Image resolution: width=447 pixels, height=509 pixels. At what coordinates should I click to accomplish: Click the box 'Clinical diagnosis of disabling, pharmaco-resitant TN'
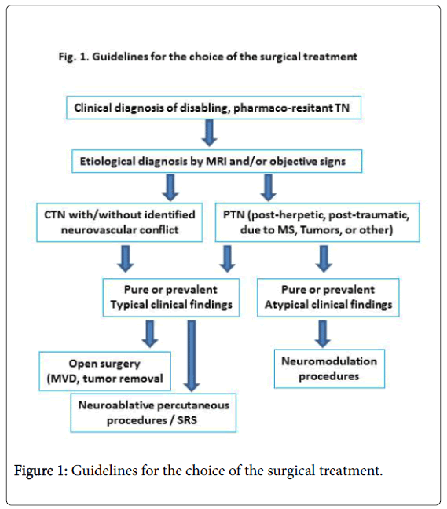[x=214, y=108]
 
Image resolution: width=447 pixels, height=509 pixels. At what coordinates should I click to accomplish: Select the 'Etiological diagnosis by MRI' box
[x=217, y=161]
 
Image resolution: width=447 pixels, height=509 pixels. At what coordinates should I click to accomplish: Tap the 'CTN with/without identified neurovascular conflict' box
[x=119, y=222]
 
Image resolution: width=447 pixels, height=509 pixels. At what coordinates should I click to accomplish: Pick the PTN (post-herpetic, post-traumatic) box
[x=317, y=222]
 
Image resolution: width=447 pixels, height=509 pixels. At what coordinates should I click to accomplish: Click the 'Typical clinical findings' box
[x=171, y=298]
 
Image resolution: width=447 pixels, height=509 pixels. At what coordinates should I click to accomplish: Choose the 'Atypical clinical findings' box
[x=328, y=298]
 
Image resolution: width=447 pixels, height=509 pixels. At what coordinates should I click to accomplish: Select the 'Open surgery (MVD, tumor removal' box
[x=104, y=371]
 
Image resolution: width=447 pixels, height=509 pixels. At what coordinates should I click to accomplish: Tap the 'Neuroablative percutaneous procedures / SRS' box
[x=153, y=412]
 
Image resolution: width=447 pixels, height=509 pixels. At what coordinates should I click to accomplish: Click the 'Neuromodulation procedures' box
[x=329, y=368]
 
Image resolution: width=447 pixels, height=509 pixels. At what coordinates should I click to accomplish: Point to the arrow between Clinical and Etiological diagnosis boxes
[x=210, y=133]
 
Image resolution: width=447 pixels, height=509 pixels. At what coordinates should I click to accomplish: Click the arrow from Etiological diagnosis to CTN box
[x=170, y=187]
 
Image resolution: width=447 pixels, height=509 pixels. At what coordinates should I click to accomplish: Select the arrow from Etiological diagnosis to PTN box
[x=268, y=187]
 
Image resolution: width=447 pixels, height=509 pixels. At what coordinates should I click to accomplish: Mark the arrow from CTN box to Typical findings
[x=126, y=258]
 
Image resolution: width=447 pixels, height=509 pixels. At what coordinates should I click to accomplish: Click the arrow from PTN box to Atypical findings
[x=324, y=258]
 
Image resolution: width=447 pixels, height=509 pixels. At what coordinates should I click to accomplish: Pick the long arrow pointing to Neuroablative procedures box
[x=192, y=356]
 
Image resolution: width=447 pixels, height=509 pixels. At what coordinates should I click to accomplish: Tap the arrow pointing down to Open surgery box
[x=150, y=334]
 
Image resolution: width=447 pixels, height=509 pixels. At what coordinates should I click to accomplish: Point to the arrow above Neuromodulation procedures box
[x=323, y=334]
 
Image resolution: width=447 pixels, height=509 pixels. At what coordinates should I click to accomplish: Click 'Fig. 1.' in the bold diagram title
[x=74, y=57]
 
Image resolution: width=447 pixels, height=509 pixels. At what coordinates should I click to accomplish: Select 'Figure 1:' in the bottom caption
[x=41, y=471]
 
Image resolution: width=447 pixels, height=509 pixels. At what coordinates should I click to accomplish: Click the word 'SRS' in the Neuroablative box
[x=187, y=420]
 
